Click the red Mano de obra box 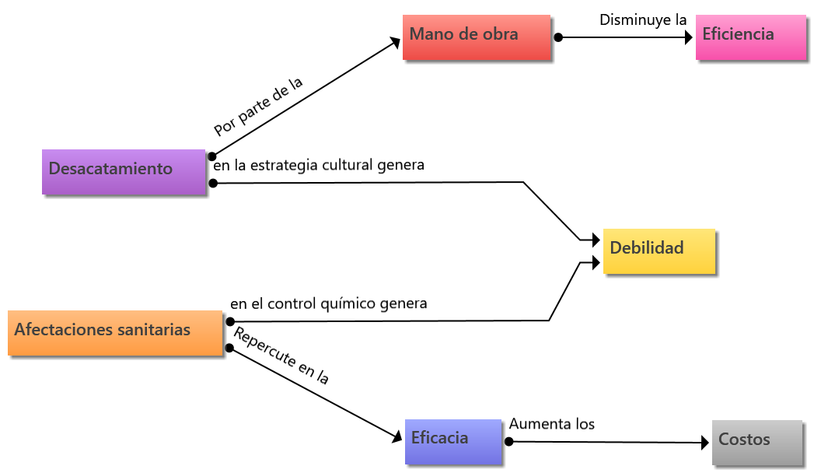click(477, 37)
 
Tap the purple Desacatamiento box click(124, 171)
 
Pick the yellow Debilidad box click(659, 251)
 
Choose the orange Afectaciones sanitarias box click(115, 333)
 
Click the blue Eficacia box click(454, 441)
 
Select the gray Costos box click(756, 442)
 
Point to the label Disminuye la click(642, 19)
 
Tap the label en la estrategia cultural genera click(319, 165)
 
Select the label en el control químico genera click(328, 303)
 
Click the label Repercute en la click(281, 356)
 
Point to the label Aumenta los click(551, 424)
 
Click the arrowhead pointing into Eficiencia click(688, 37)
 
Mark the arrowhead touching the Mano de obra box click(395, 44)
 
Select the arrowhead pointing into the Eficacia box click(397, 438)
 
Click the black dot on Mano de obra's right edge click(558, 37)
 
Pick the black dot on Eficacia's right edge click(509, 441)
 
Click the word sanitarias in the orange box click(153, 330)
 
